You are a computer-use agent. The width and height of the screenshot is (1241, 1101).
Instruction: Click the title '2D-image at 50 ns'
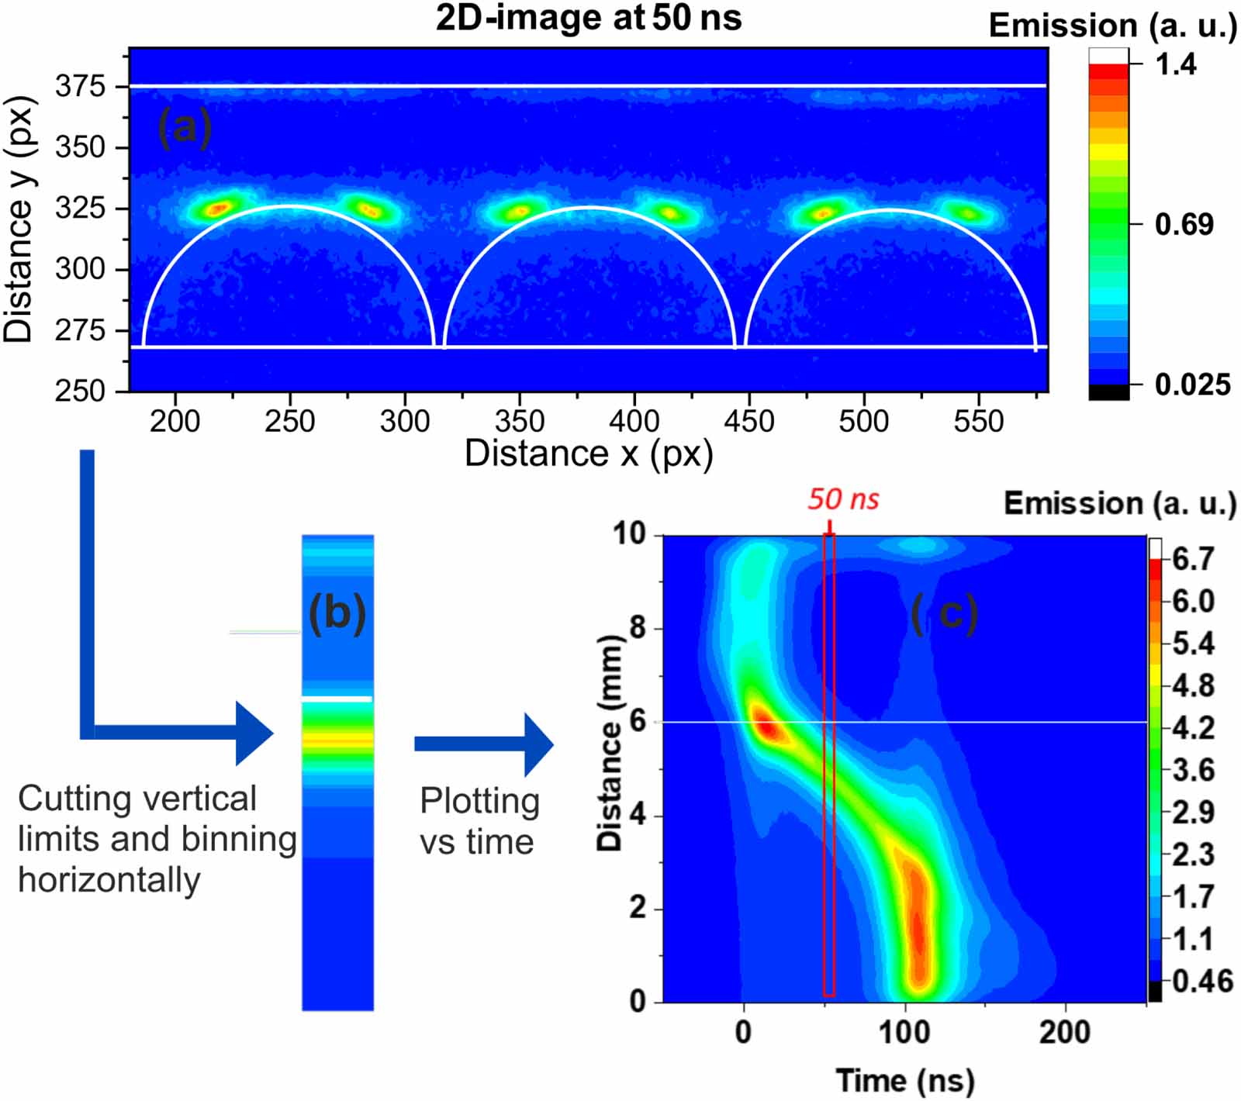pyautogui.click(x=589, y=17)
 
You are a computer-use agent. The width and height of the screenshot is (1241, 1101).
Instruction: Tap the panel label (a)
pyautogui.click(x=184, y=126)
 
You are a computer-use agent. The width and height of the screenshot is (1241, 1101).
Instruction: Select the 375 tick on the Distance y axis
pyautogui.click(x=80, y=86)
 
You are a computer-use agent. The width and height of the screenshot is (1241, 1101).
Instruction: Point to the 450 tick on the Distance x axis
pyautogui.click(x=748, y=422)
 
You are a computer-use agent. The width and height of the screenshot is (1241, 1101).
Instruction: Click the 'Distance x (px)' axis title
pyautogui.click(x=589, y=454)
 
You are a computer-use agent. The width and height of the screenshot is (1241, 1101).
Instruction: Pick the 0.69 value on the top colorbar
pyautogui.click(x=1184, y=225)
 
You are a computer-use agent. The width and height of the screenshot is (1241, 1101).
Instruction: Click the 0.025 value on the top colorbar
pyautogui.click(x=1192, y=385)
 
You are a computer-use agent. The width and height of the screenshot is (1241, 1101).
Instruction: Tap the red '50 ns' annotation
pyautogui.click(x=843, y=499)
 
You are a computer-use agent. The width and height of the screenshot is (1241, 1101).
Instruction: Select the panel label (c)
pyautogui.click(x=944, y=614)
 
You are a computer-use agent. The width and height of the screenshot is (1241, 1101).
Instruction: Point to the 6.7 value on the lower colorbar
pyautogui.click(x=1192, y=558)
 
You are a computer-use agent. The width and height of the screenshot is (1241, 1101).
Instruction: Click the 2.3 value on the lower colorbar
pyautogui.click(x=1193, y=854)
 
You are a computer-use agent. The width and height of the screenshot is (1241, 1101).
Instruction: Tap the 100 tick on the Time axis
pyautogui.click(x=904, y=1032)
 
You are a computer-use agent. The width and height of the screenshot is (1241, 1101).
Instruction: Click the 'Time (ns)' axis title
pyautogui.click(x=904, y=1080)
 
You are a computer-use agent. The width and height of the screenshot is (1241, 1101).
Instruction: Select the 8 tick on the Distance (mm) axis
pyautogui.click(x=638, y=628)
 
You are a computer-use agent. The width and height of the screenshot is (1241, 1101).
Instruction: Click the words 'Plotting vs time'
pyautogui.click(x=479, y=821)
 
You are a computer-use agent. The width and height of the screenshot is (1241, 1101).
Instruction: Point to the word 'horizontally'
pyautogui.click(x=109, y=880)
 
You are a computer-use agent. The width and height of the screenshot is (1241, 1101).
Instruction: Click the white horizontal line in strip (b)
pyautogui.click(x=337, y=699)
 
